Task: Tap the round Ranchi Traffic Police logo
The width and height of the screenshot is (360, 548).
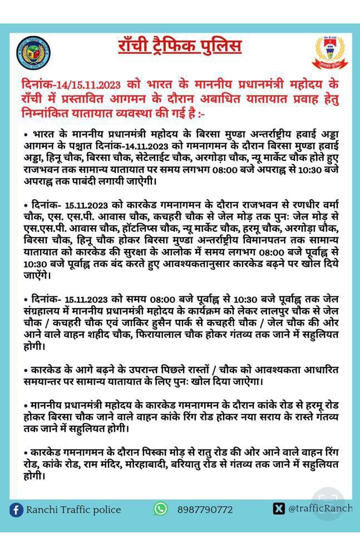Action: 34,53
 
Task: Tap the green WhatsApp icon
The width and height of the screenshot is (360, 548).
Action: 161,508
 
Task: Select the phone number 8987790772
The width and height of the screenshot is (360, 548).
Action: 205,510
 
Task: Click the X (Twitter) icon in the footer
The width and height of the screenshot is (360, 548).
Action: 279,508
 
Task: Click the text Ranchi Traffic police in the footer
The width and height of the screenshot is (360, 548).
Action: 73,510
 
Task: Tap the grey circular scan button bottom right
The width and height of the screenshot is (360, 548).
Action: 328,501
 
